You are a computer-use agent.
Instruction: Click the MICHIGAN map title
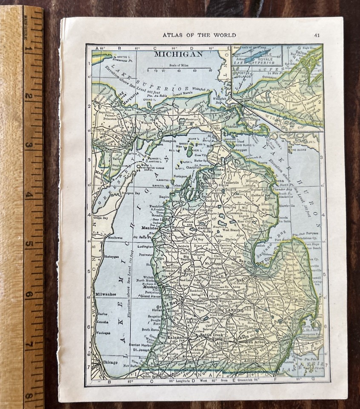(x=178, y=54)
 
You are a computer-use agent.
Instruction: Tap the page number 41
(x=317, y=35)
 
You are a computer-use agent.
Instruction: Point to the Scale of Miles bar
(x=179, y=68)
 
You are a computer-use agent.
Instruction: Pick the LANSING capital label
(x=234, y=310)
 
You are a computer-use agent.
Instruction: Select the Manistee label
(x=150, y=228)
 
